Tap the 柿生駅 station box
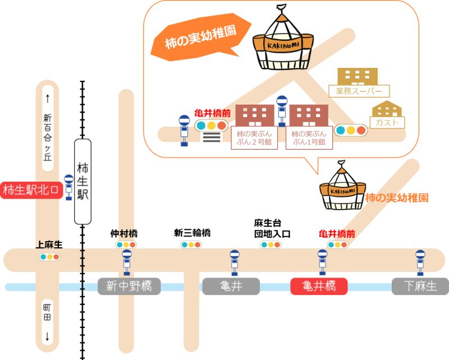(83, 182)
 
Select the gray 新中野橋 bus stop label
(129, 287)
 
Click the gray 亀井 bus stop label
(231, 287)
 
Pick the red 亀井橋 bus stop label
(319, 287)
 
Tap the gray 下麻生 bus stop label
(420, 287)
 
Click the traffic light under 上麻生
(49, 257)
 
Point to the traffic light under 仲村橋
(126, 245)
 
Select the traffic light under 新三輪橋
(191, 245)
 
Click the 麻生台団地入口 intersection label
(272, 229)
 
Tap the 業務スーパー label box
(359, 91)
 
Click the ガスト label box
(387, 122)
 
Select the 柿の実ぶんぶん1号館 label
(309, 138)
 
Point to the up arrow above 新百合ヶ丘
(47, 99)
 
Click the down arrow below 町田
(47, 336)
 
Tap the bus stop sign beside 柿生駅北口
(68, 187)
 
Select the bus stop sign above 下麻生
(420, 261)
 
